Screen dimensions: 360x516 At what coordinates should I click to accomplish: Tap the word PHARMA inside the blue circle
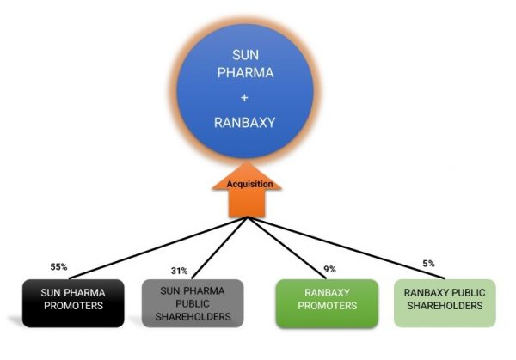247,73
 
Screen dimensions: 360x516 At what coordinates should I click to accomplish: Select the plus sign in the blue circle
247,98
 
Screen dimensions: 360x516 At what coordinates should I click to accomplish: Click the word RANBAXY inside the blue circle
247,123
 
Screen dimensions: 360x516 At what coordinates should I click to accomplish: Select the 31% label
179,271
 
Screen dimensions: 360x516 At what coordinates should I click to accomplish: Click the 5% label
428,263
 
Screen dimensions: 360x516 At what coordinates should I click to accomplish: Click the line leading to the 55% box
146,249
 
